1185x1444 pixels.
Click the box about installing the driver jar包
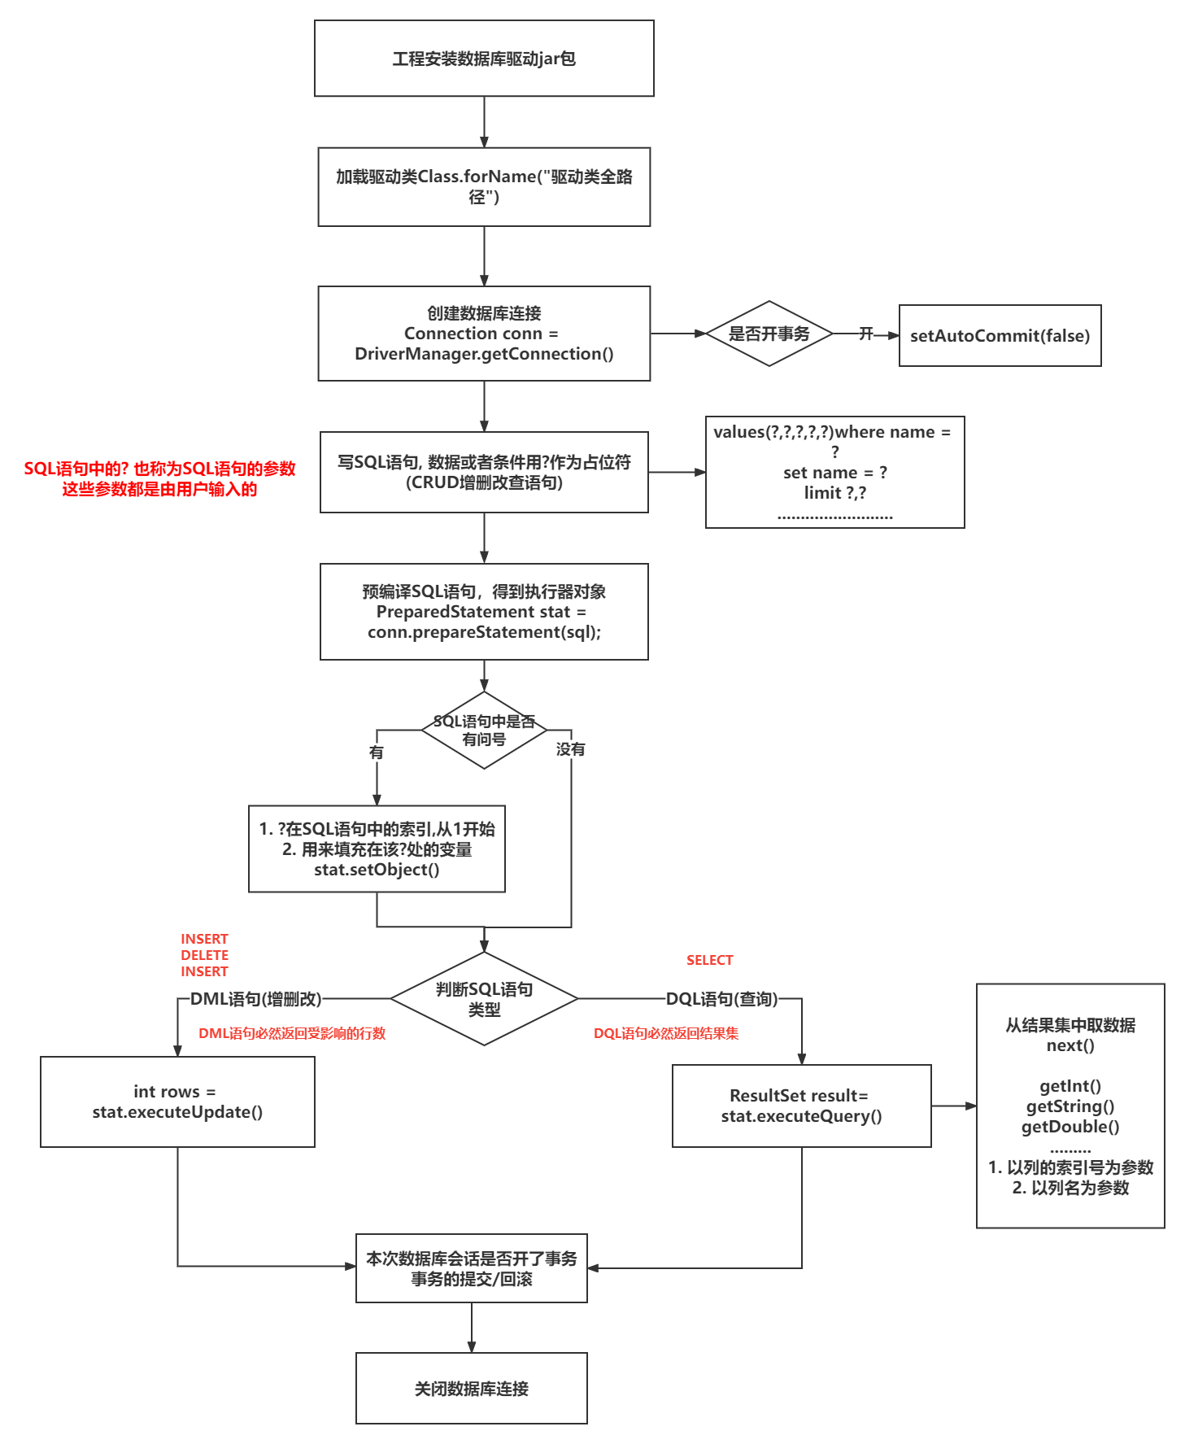point(484,59)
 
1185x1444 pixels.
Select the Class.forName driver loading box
point(484,186)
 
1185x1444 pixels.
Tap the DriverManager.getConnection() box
point(484,334)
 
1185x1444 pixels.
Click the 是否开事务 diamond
point(769,334)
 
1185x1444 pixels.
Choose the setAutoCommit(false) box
point(1000,336)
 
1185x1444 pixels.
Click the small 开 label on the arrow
point(865,334)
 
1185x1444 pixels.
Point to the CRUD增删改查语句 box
point(484,472)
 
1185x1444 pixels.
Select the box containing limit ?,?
point(834,472)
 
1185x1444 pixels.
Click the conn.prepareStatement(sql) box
point(484,612)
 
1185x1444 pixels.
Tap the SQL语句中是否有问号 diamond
point(484,731)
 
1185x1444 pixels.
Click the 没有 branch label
point(570,749)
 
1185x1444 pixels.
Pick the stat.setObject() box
point(377,849)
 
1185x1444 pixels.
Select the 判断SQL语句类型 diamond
point(484,999)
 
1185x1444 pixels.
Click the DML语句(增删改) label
point(256,999)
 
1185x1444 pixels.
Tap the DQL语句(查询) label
point(722,999)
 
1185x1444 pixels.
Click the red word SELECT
point(709,960)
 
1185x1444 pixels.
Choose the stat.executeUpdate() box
point(177,1102)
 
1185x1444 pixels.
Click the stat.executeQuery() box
point(801,1106)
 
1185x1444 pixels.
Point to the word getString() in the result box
point(1070,1106)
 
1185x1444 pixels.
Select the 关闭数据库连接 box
point(472,1389)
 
